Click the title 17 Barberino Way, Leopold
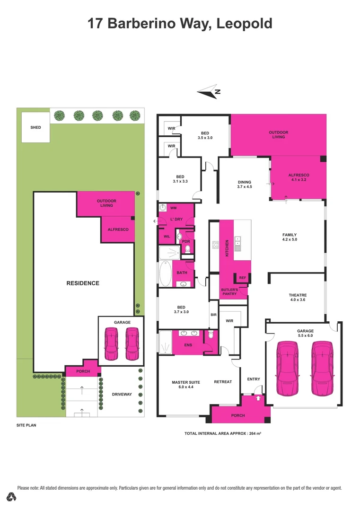coord(180,23)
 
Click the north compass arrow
coord(208,93)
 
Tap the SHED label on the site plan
coord(35,127)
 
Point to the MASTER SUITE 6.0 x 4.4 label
coord(185,384)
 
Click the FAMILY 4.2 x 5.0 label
coord(289,238)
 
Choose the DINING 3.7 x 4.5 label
coord(244,185)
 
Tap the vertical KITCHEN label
coord(227,248)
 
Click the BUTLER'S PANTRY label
coord(229,291)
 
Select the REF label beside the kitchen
coord(242,278)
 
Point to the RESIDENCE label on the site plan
coord(82,283)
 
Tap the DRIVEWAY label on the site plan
coord(121,394)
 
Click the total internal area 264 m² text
coord(222,433)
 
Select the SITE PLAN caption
coord(26,425)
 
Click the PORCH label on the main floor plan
coord(237,415)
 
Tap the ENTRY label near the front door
coord(254,379)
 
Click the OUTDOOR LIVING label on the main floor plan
coord(278,135)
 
